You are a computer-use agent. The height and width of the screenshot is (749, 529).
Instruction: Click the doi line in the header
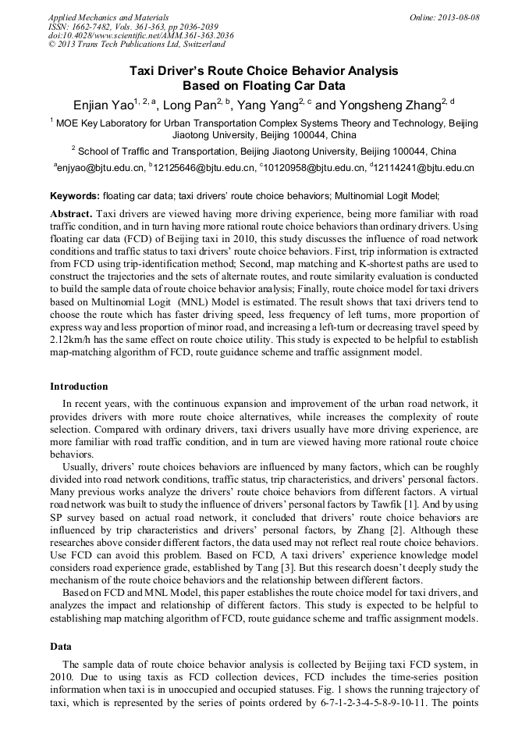click(x=140, y=36)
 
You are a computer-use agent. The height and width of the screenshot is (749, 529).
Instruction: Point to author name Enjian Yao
click(x=102, y=105)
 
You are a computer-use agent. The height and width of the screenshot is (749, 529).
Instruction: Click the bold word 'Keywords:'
click(x=75, y=196)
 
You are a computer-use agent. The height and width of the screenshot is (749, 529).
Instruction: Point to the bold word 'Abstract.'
click(x=72, y=213)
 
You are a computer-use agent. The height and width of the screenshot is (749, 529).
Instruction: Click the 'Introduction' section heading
click(x=79, y=386)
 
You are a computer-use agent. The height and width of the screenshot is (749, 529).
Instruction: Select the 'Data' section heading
click(x=61, y=647)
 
